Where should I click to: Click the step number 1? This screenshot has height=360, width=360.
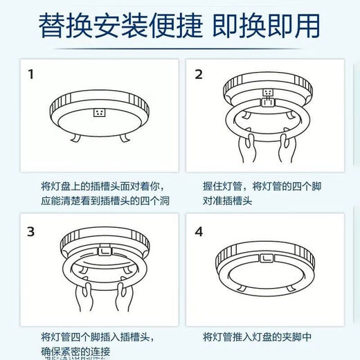coord(30,74)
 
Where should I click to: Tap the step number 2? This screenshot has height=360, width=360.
coord(199,74)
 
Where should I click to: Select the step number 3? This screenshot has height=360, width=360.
coord(30,231)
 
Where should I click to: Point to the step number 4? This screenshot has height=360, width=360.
coord(199,231)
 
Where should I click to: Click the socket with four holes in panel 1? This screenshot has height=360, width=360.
coord(99,112)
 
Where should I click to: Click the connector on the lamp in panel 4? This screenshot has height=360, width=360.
coord(267,260)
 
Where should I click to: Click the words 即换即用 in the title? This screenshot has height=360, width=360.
coord(274,26)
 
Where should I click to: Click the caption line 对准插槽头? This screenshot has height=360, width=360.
coord(227,201)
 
